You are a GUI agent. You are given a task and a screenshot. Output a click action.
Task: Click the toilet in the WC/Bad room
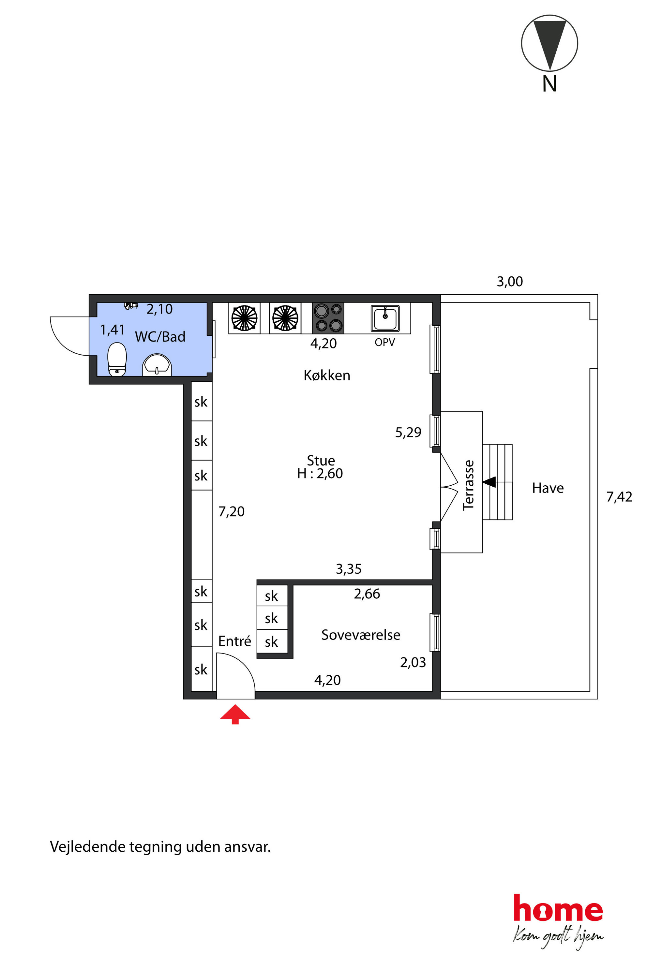[x=117, y=359]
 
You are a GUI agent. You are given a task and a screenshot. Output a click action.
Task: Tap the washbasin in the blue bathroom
[x=157, y=365]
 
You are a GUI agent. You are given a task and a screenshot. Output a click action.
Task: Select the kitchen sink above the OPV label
[x=385, y=318]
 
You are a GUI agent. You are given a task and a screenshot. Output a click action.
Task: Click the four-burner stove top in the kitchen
[x=328, y=318]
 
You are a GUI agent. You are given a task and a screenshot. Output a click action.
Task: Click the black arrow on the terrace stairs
[x=489, y=482]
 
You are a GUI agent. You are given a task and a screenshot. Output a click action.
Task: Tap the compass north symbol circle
[x=549, y=43]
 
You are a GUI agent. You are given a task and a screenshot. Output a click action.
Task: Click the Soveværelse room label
[x=361, y=635]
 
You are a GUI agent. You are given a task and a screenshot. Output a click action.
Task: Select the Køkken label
[x=327, y=375]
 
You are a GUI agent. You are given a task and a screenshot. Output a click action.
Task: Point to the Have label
[x=548, y=488]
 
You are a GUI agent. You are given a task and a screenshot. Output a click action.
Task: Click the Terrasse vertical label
[x=468, y=485]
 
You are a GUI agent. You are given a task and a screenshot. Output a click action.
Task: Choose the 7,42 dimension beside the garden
[x=619, y=497]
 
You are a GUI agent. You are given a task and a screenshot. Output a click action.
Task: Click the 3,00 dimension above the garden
[x=510, y=282]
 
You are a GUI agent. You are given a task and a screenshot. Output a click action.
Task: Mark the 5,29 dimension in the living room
[x=408, y=432]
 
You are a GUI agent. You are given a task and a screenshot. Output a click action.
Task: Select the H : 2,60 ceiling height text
[x=320, y=474]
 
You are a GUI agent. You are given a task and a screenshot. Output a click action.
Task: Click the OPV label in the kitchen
[x=384, y=342]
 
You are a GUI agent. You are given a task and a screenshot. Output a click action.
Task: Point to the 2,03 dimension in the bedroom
[x=413, y=662]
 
